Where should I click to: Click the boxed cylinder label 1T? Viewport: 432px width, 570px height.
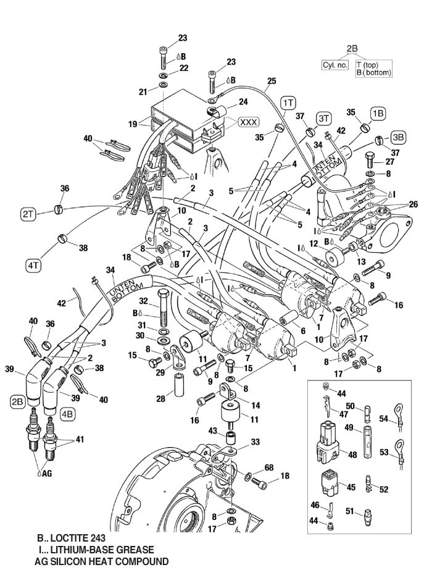(288, 100)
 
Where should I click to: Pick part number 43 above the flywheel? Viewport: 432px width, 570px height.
(212, 430)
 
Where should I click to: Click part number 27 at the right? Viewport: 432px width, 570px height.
(389, 162)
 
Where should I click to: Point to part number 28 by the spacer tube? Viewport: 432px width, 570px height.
(160, 400)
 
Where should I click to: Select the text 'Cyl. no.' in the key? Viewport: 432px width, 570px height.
(334, 65)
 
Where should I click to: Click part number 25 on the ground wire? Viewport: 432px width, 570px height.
(271, 81)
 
